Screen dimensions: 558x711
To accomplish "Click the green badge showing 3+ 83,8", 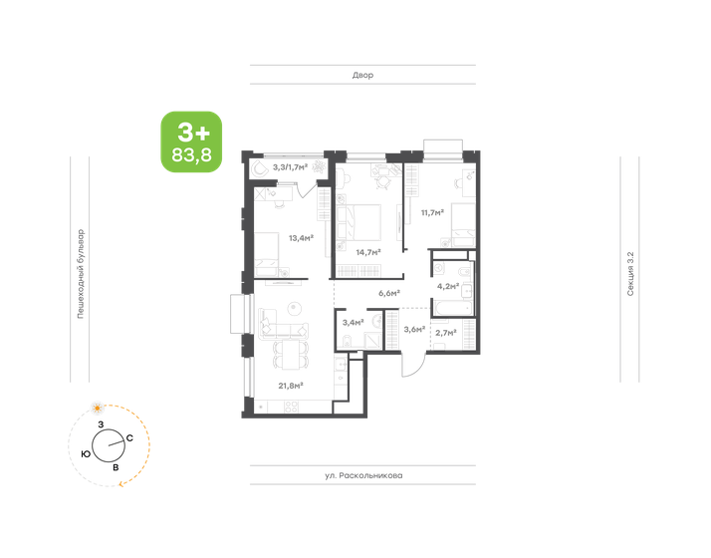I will (192, 141).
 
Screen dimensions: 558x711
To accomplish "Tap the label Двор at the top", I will (362, 76).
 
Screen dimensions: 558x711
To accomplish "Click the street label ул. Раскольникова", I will (362, 476).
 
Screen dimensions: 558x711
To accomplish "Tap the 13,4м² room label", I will (301, 238).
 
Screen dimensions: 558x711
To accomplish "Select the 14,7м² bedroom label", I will (369, 252).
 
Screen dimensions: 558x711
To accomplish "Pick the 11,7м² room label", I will (432, 212).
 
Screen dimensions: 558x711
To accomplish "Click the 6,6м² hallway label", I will (388, 293).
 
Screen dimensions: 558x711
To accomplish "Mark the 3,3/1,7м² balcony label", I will (297, 167).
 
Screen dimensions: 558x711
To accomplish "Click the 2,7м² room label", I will (446, 332).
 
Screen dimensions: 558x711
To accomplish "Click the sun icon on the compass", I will (97, 408).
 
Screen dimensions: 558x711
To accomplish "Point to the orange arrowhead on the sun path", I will (123, 482).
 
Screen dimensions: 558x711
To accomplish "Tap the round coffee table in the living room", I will (293, 307).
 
